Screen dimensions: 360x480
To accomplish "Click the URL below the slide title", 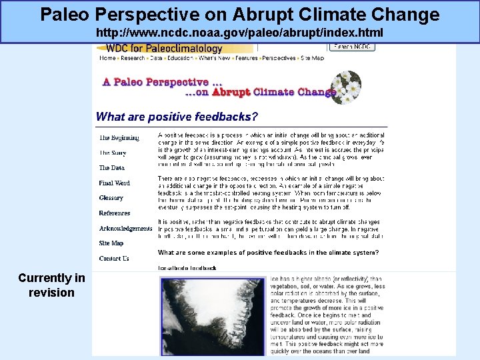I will point(239,32).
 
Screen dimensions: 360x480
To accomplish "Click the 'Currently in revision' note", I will point(51,285).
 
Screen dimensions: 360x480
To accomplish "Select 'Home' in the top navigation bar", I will point(107,59).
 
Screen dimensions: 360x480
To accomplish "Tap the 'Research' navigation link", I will point(132,59).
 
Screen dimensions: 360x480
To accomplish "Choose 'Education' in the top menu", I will point(180,59).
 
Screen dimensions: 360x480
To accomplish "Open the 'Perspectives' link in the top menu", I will point(279,59).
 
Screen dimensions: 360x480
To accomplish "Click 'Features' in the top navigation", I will point(246,59).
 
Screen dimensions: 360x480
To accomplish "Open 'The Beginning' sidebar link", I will point(119,138).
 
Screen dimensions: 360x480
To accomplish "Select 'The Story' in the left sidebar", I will point(113,153).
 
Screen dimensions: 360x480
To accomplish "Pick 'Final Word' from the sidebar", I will point(115,183).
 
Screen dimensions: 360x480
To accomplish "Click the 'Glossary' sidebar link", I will point(111,198).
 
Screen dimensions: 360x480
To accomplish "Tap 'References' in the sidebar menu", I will point(115,213).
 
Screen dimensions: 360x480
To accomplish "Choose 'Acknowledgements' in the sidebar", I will point(125,229).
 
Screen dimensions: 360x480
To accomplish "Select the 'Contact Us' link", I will point(114,259).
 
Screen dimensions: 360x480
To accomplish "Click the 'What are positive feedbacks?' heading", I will point(177,117).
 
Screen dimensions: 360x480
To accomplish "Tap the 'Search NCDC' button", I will point(353,47).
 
